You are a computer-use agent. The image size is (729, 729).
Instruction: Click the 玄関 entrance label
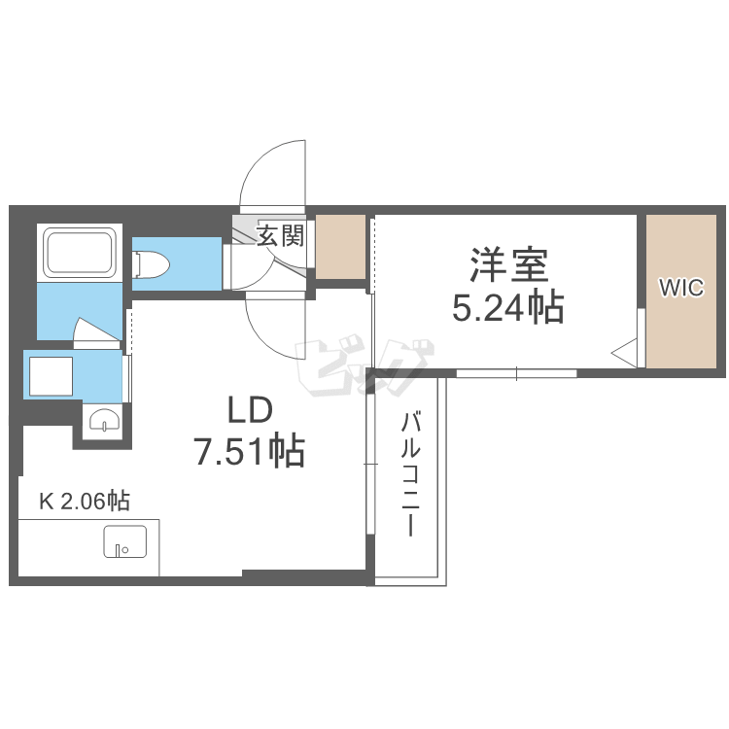click(281, 234)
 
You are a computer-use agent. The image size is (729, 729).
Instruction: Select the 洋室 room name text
click(508, 264)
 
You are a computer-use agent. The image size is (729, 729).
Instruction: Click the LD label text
click(251, 411)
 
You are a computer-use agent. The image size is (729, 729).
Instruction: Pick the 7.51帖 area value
click(251, 452)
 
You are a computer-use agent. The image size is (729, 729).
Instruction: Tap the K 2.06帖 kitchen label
click(84, 502)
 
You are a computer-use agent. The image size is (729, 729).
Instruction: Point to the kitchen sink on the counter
click(124, 541)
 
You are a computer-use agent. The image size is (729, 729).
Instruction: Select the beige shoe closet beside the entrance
click(340, 246)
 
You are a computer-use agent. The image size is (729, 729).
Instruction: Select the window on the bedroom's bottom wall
click(516, 372)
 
